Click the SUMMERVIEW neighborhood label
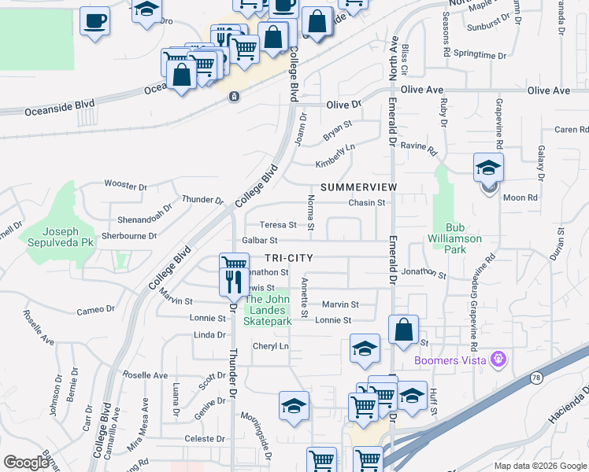(358, 187)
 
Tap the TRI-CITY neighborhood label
(288, 258)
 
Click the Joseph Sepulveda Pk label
(57, 238)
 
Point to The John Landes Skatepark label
(268, 310)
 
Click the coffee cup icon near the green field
(94, 20)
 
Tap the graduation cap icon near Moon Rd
(488, 168)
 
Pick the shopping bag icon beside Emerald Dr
(403, 330)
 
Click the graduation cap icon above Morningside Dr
(294, 405)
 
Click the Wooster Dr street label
(126, 186)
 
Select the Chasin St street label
(367, 202)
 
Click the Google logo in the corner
(26, 463)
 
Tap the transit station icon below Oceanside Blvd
(234, 97)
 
